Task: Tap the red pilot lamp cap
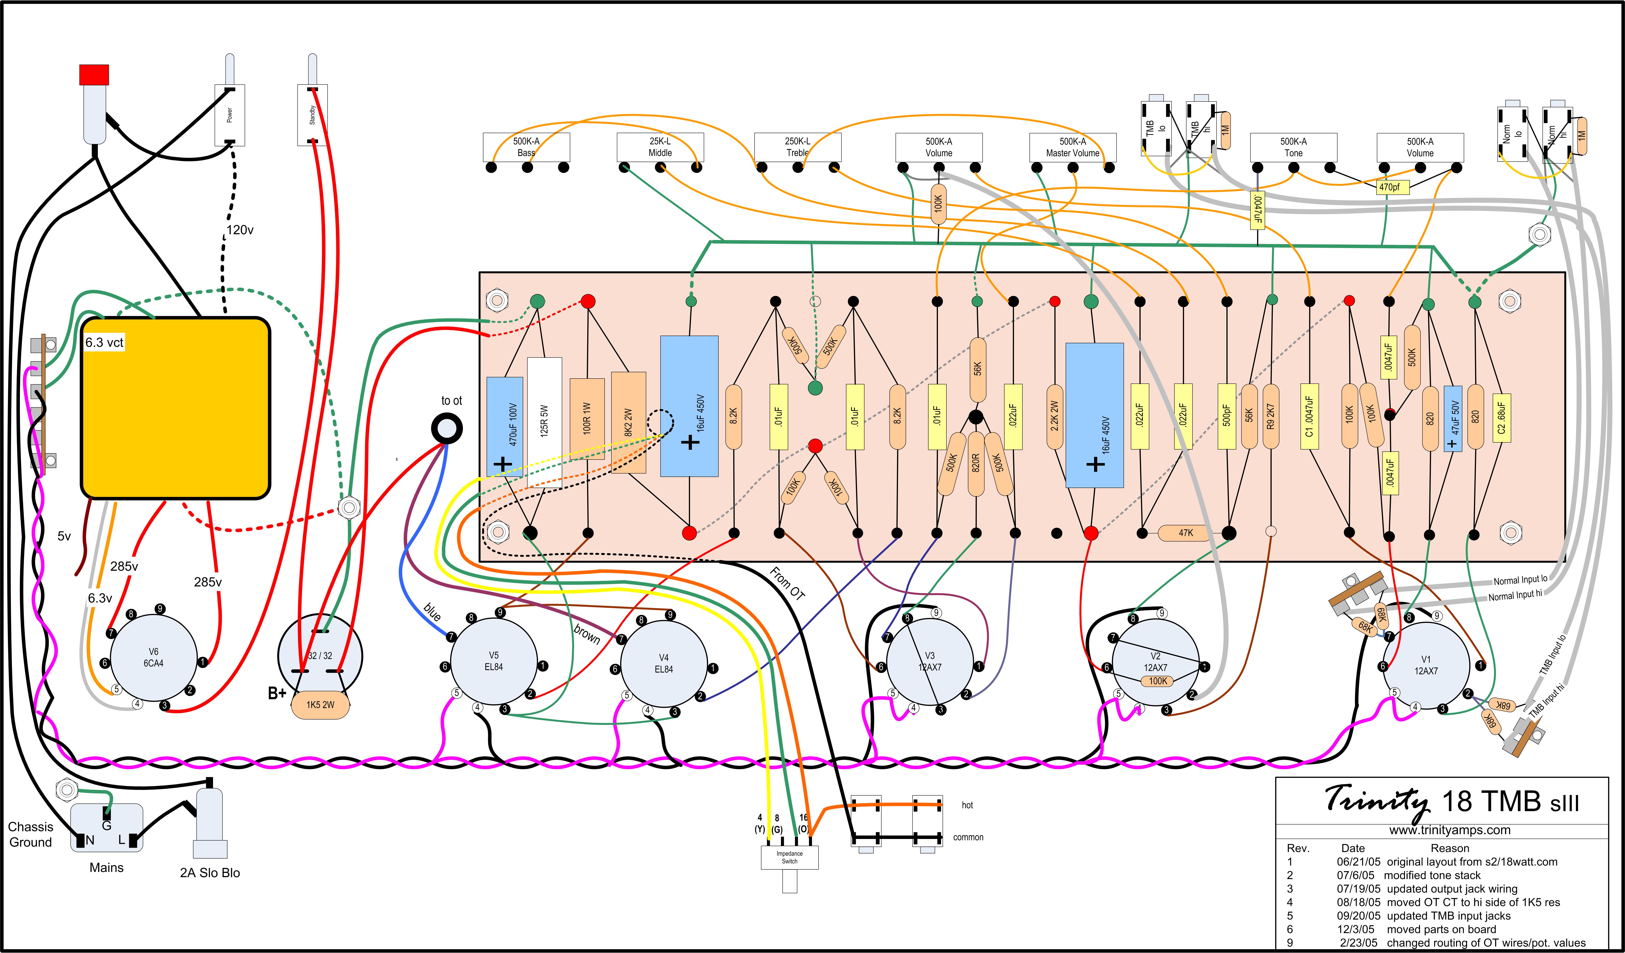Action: [x=94, y=74]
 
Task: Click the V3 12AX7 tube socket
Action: [x=929, y=662]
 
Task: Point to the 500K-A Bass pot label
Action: [x=526, y=147]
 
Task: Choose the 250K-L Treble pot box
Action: [x=798, y=147]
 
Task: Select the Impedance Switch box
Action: [x=790, y=857]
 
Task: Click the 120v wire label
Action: [x=240, y=230]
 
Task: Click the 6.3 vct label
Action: [x=104, y=342]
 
